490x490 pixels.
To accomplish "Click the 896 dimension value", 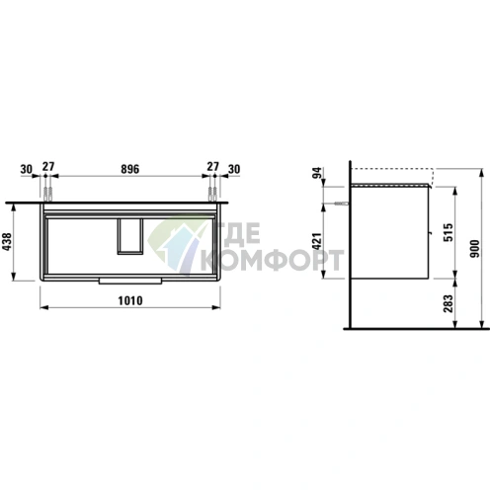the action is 130,169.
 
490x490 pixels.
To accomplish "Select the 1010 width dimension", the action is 130,300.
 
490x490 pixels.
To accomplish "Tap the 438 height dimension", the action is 7,242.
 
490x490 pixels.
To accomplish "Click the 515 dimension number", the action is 449,232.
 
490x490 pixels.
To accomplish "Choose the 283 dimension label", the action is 449,303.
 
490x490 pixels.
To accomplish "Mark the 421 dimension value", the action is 316,241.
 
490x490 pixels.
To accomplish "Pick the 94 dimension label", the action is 316,174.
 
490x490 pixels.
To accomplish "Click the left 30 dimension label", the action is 27,169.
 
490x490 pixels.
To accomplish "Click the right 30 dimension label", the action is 234,169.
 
